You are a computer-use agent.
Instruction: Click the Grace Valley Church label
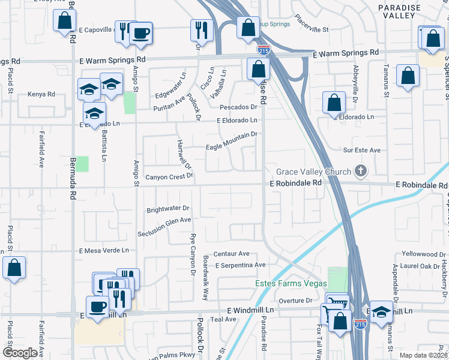313,172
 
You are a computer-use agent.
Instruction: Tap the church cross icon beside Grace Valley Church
360,172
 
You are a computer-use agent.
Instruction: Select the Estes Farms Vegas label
291,283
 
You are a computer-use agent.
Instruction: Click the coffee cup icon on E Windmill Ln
97,307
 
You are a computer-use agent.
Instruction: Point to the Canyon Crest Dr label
170,177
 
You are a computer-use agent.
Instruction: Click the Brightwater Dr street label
168,209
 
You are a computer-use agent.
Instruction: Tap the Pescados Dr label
238,107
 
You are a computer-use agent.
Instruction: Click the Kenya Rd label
41,94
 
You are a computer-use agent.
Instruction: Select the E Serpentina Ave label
240,265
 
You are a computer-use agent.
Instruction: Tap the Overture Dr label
296,300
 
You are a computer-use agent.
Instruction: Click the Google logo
20,352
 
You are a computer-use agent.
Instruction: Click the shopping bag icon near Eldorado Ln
334,103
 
